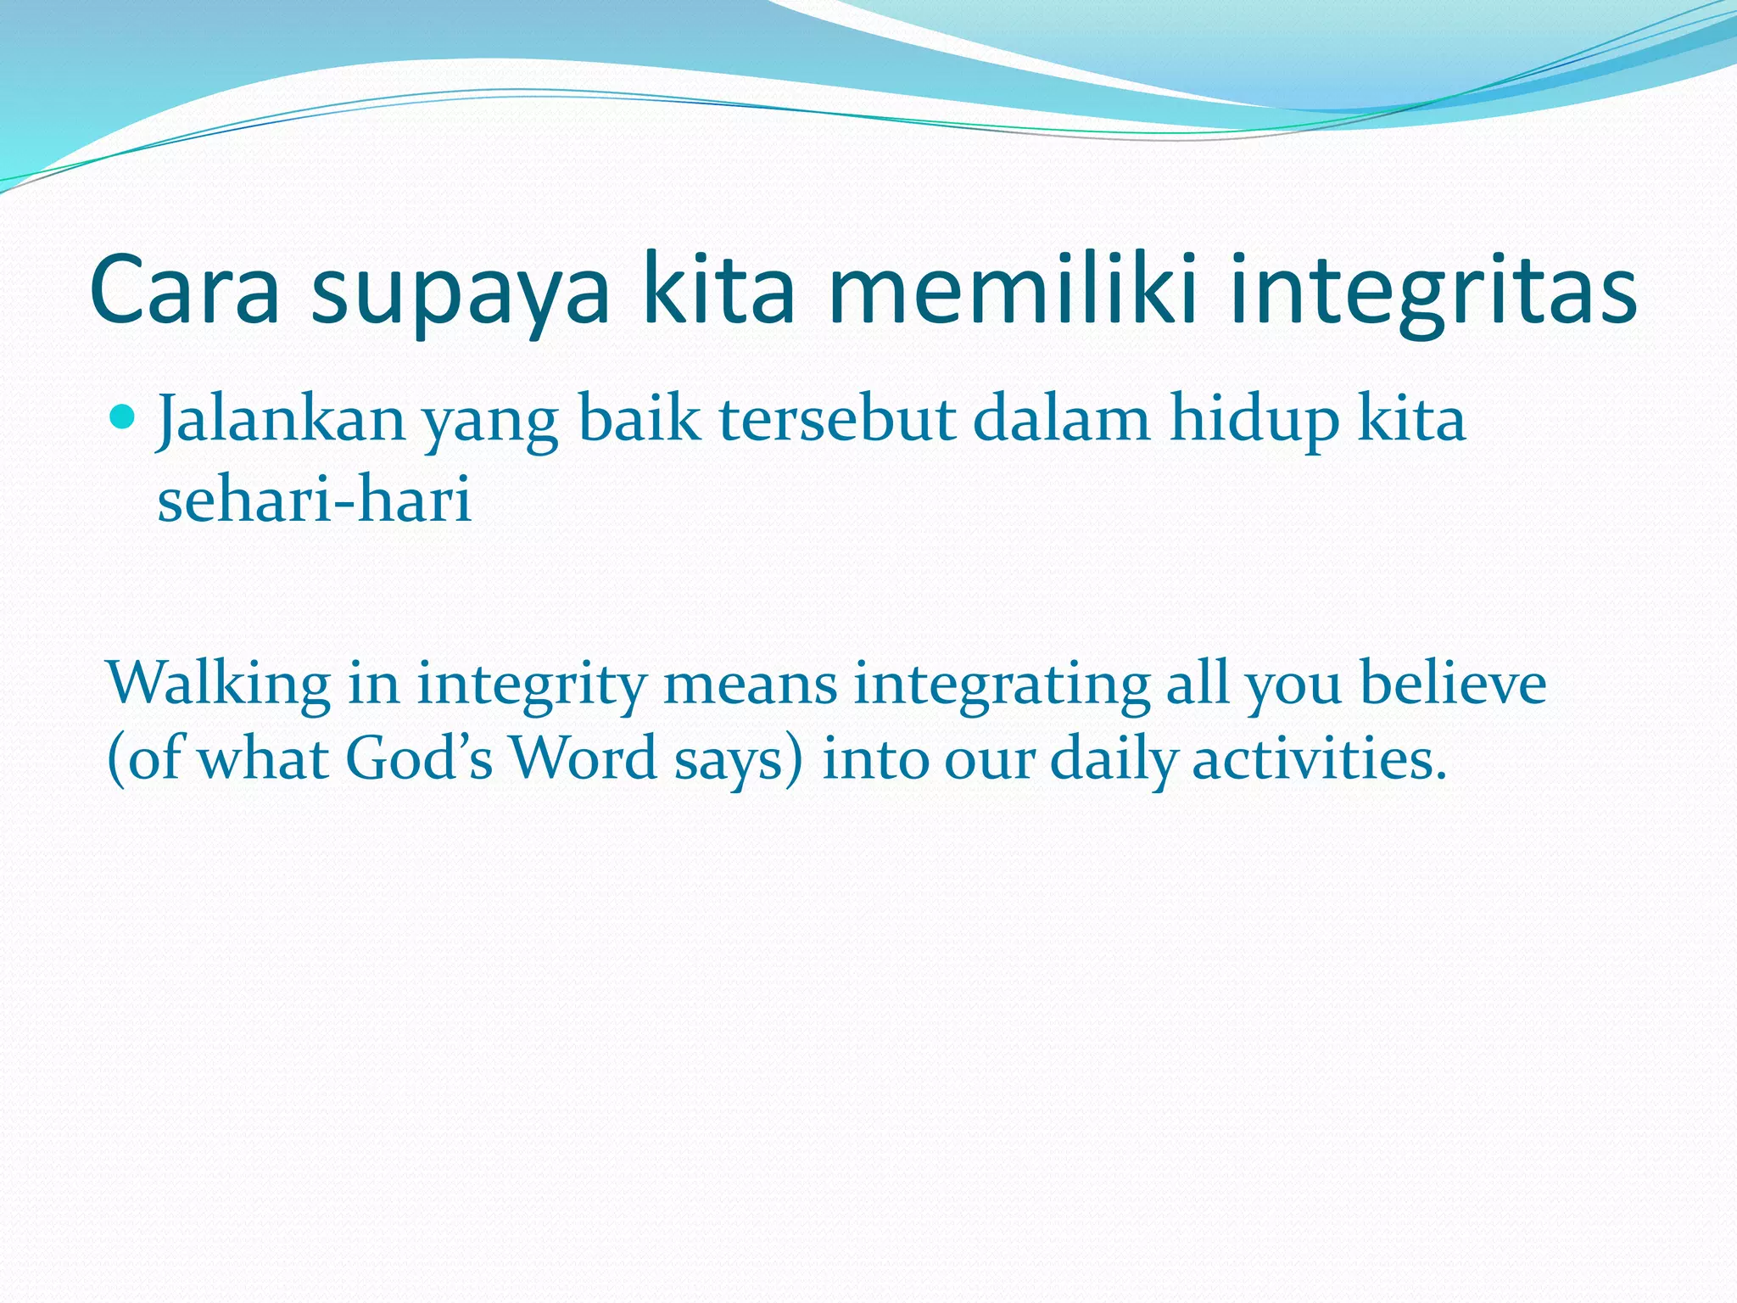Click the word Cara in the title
pos(184,291)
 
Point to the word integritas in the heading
pos(1433,293)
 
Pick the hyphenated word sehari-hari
pos(314,499)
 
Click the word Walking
pos(219,683)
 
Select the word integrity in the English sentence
pos(532,685)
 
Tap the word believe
pos(1453,683)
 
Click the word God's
pos(419,758)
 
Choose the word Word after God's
pos(584,758)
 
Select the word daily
pos(1114,760)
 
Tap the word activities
pos(1319,758)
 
